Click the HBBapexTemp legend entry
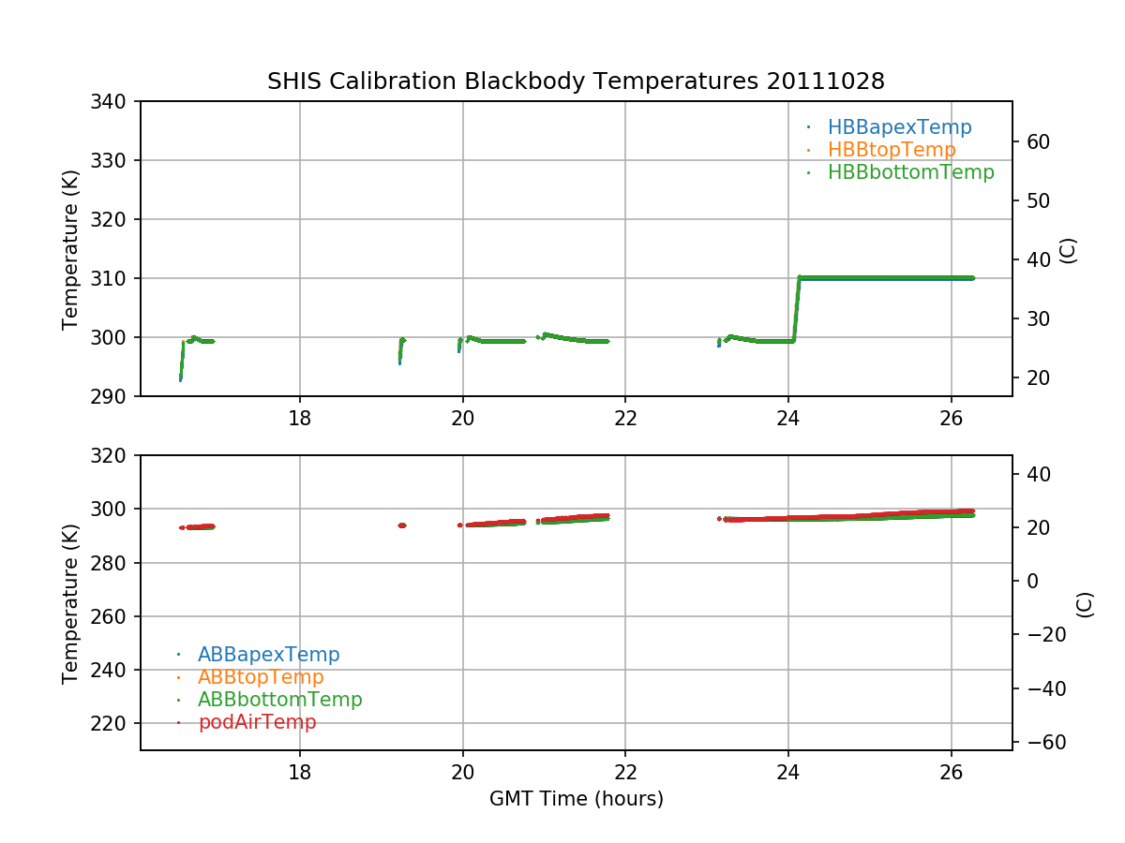[x=898, y=127]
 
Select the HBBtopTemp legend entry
[x=891, y=150]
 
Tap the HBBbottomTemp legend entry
[x=909, y=172]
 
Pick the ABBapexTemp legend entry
[x=268, y=655]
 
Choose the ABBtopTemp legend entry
[x=261, y=677]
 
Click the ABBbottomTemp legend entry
[x=279, y=700]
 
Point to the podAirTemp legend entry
[x=257, y=722]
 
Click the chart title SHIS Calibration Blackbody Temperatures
[x=576, y=81]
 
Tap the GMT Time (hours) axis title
[x=576, y=799]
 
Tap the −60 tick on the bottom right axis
[x=1040, y=742]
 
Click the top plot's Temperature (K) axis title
[x=70, y=248]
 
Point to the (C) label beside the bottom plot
[x=1085, y=604]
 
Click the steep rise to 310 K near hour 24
[x=796, y=309]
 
